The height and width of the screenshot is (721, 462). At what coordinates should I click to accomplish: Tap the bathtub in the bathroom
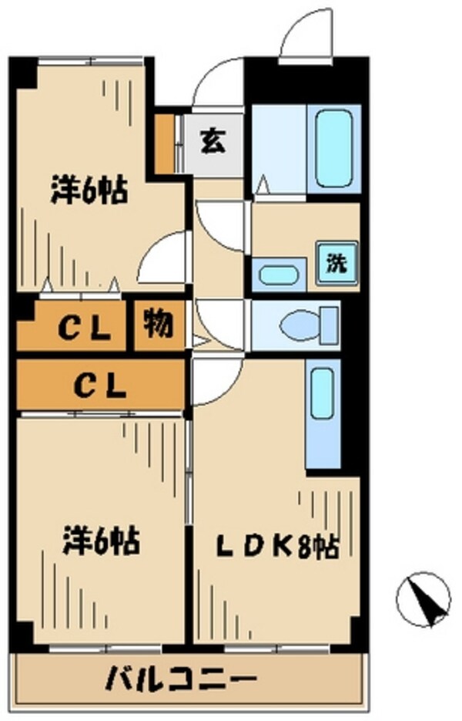[333, 147]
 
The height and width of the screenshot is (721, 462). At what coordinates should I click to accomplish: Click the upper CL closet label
[83, 330]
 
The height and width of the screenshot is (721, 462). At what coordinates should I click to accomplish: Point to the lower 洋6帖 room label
[101, 539]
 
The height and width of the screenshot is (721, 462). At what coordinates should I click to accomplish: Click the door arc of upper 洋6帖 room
[163, 261]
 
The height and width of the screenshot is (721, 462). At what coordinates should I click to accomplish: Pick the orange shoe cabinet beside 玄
[164, 143]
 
